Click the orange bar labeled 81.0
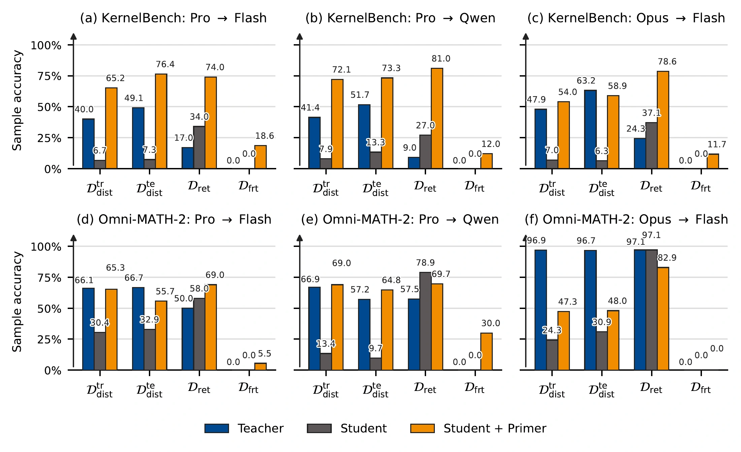click(437, 118)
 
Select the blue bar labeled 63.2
click(590, 130)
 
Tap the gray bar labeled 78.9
click(425, 321)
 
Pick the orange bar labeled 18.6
click(260, 157)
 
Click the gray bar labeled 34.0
click(199, 147)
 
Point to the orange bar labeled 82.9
click(663, 319)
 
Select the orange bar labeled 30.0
click(486, 351)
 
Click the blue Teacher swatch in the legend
click(217, 428)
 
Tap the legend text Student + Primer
click(495, 428)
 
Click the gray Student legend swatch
click(319, 428)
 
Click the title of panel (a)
click(173, 18)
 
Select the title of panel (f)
click(626, 219)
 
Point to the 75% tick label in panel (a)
click(49, 76)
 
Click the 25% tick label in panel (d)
click(49, 339)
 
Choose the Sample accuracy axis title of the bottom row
click(17, 302)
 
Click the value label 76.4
click(165, 64)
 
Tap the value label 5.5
click(264, 354)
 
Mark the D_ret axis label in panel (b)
click(425, 186)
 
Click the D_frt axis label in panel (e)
click(475, 388)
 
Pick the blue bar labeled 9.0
click(414, 163)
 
